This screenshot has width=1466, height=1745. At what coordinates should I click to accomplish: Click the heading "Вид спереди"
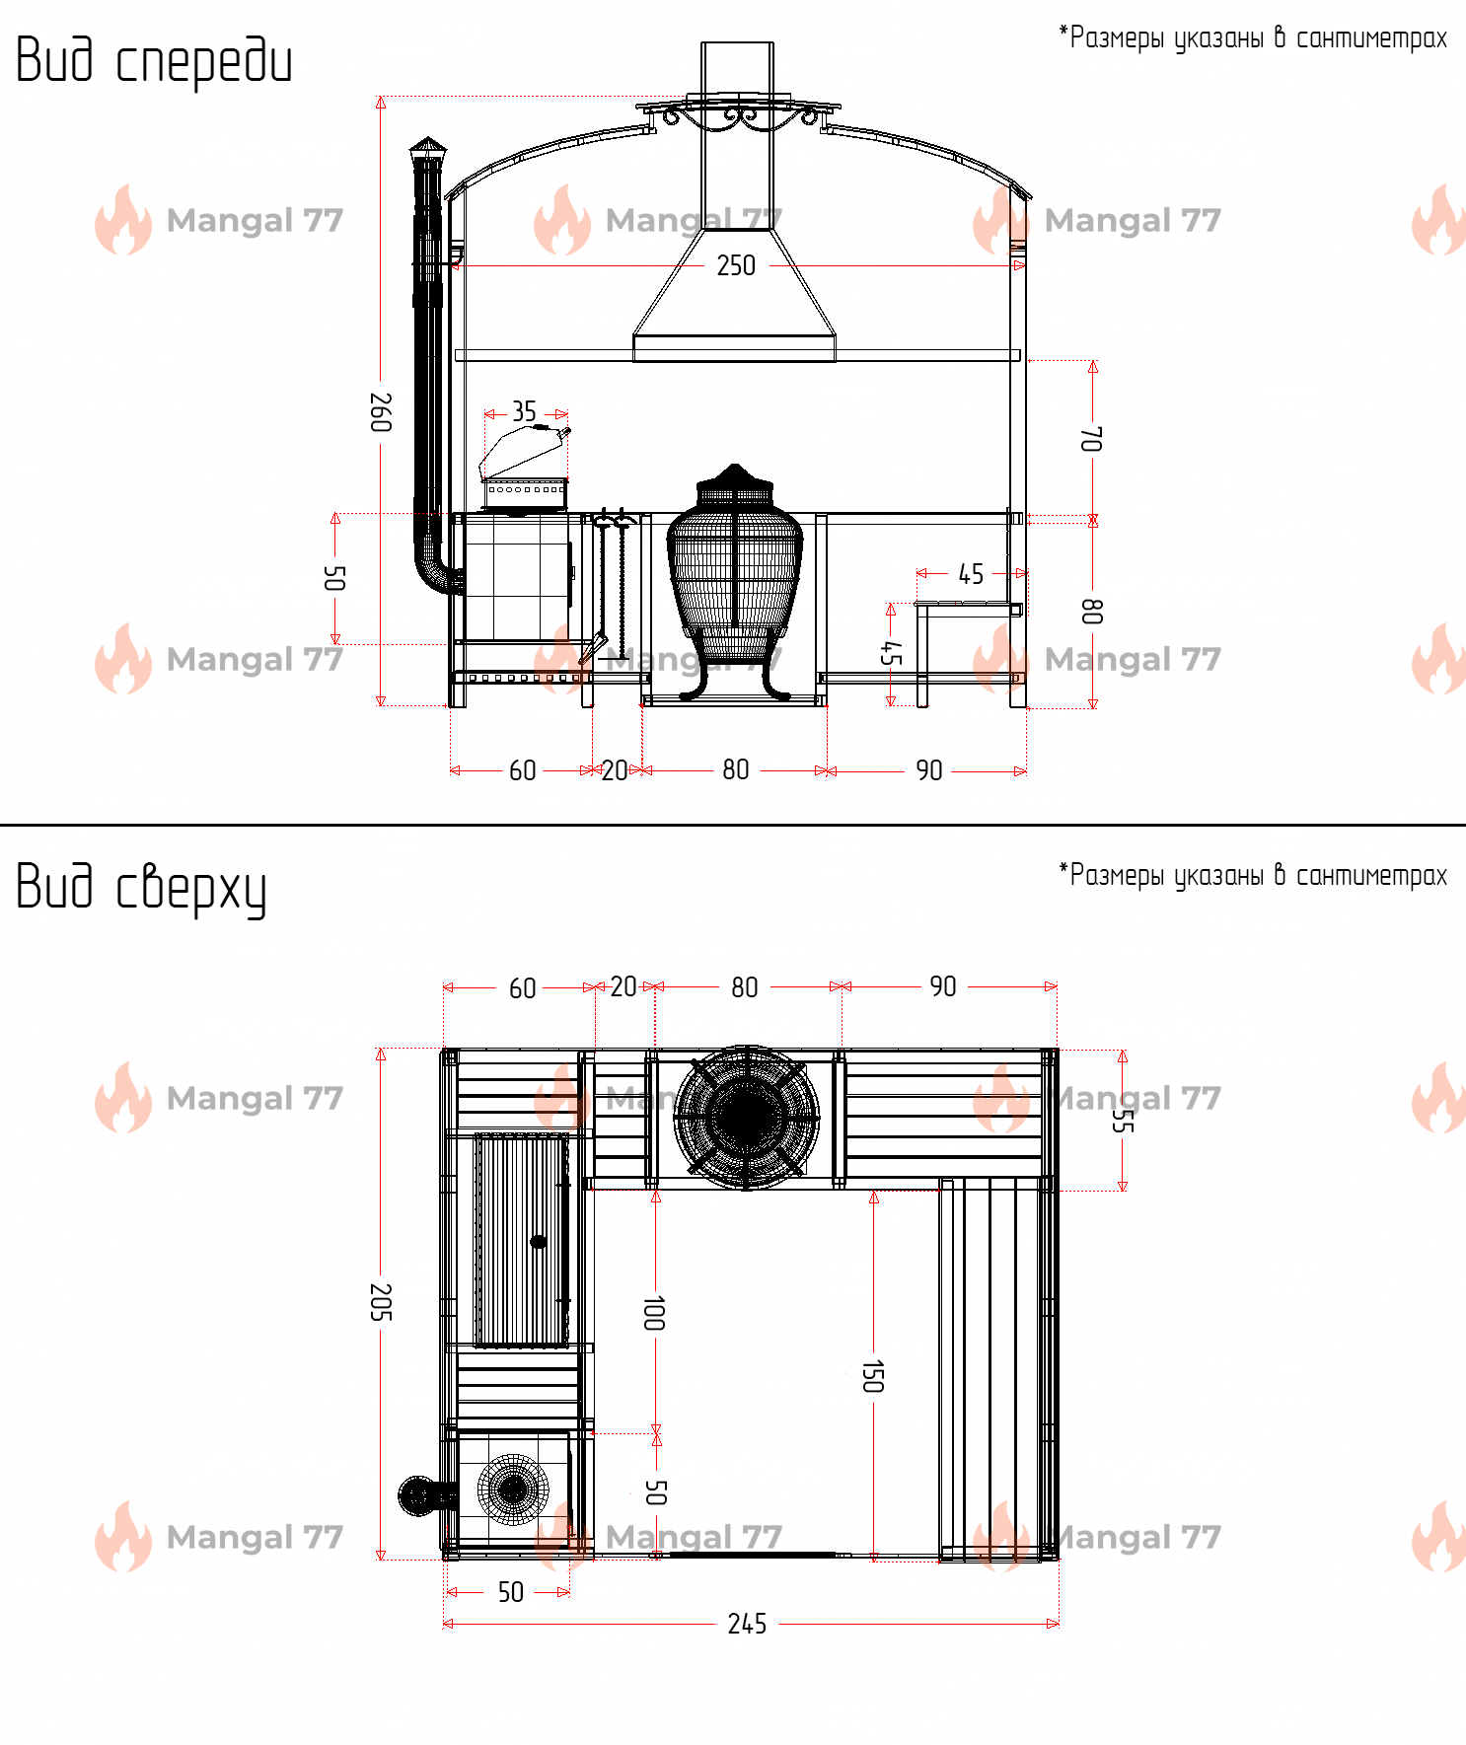pos(154,61)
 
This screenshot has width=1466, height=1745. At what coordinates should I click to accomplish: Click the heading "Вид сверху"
pos(141,888)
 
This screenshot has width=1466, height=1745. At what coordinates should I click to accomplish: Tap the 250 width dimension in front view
pos(736,265)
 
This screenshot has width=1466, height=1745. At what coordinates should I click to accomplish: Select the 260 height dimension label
pos(381,412)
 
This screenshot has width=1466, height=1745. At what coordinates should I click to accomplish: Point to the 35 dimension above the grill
pos(524,411)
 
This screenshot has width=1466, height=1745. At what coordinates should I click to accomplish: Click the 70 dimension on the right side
pos(1092,439)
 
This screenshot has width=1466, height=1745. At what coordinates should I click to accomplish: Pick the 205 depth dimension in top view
pos(381,1302)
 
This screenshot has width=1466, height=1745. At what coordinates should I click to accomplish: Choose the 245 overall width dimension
pos(747,1624)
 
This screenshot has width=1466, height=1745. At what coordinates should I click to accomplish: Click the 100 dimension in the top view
pos(654,1313)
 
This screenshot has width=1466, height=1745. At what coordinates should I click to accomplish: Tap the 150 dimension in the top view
pos(873,1376)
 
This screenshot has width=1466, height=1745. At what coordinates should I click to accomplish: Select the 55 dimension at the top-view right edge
pos(1123,1122)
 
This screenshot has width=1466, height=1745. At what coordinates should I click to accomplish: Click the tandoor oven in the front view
pos(735,582)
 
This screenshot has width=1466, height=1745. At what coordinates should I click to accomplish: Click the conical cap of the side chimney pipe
pos(428,147)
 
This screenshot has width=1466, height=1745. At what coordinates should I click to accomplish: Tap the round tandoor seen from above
pos(747,1117)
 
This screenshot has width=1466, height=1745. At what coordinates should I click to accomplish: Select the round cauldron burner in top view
pos(513,1490)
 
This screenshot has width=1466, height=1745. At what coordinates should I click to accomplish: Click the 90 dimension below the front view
pos(929,770)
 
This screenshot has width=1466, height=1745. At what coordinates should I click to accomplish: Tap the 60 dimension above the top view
pos(523,988)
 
